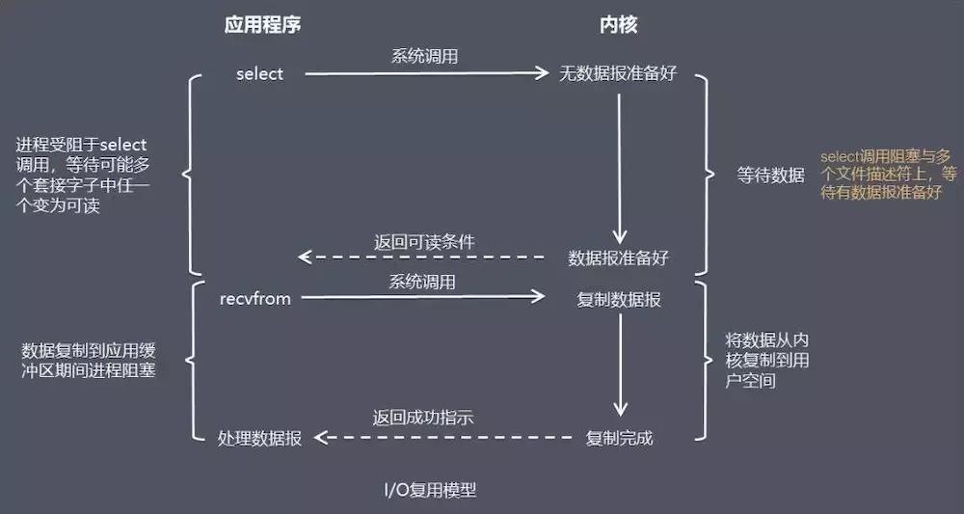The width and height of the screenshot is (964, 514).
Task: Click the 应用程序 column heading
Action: (261, 25)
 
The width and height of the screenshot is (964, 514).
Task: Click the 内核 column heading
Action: (619, 25)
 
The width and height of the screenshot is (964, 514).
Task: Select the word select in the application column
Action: (260, 74)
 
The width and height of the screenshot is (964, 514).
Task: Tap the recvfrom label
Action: (254, 299)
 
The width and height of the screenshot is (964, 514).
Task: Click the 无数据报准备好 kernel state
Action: (618, 74)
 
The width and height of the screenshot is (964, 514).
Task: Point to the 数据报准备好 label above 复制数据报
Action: (618, 258)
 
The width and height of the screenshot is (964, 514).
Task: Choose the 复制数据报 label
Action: (618, 300)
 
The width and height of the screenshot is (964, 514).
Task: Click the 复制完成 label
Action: (619, 439)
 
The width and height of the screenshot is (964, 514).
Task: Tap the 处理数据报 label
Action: (260, 439)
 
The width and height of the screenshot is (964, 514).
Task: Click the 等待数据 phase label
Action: (771, 176)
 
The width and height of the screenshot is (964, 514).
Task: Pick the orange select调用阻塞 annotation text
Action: (888, 174)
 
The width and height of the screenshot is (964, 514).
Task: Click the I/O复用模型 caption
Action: (428, 491)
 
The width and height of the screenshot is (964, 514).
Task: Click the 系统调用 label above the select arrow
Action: (424, 57)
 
